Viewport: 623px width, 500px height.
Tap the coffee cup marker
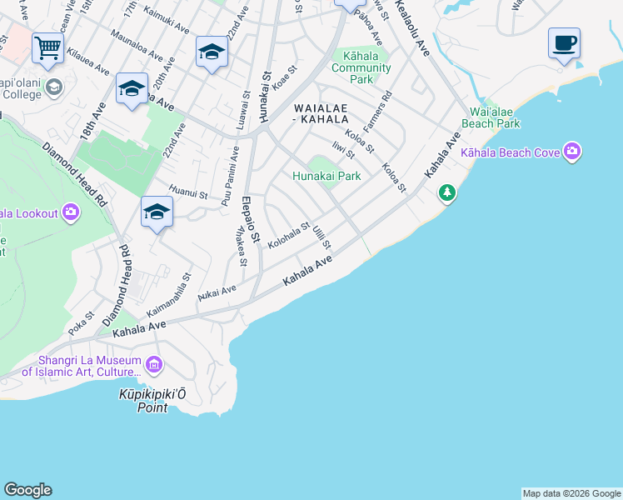pyautogui.click(x=564, y=42)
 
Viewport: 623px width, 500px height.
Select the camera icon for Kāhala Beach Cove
pyautogui.click(x=571, y=152)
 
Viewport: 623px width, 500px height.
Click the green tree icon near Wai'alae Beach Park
pyautogui.click(x=447, y=193)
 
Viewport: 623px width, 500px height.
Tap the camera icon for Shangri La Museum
pyautogui.click(x=153, y=364)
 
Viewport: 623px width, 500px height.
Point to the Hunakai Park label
pyautogui.click(x=326, y=176)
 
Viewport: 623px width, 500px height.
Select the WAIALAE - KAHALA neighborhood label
pyautogui.click(x=320, y=113)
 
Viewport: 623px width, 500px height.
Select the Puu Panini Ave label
pyautogui.click(x=231, y=176)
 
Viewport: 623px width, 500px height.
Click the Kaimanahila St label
pyautogui.click(x=170, y=294)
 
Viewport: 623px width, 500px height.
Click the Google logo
pyautogui.click(x=27, y=490)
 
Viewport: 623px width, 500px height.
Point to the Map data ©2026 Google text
pyautogui.click(x=571, y=493)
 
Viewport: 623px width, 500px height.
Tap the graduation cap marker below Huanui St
pyautogui.click(x=157, y=213)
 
